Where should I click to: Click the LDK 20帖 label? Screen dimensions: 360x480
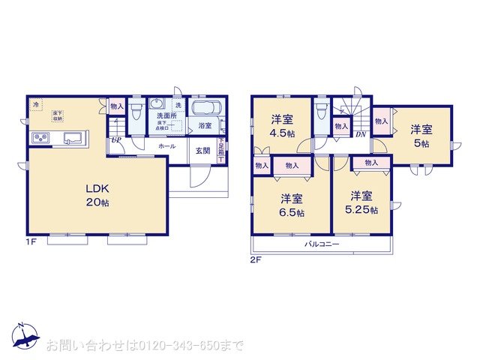(x=97, y=194)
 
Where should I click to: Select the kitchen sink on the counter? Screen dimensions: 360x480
(x=73, y=138)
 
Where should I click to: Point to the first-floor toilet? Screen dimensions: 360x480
(x=136, y=114)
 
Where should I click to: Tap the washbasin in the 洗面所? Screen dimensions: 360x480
(x=156, y=105)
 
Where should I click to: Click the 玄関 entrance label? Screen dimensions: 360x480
(x=202, y=149)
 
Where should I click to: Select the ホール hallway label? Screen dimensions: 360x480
(x=166, y=146)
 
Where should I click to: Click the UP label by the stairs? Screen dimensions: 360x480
(x=116, y=139)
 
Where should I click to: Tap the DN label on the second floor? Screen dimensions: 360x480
(x=360, y=135)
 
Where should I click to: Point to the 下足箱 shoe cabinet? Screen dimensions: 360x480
(x=221, y=148)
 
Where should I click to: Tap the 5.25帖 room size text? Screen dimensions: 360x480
(x=363, y=209)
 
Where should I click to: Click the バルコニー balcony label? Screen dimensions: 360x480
(x=322, y=245)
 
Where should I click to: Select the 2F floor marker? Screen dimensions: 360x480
(x=255, y=259)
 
